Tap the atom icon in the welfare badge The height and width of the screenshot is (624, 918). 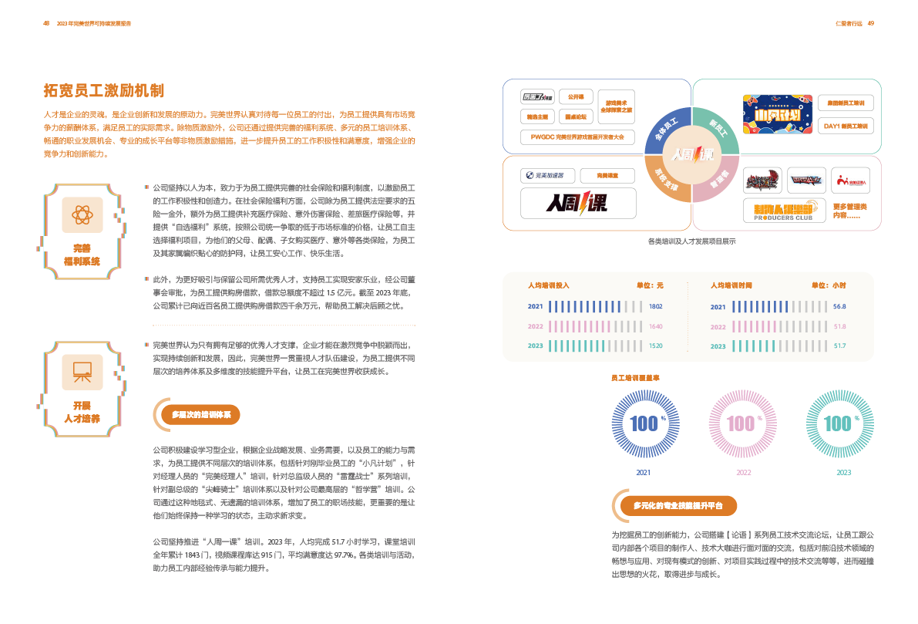tap(82, 214)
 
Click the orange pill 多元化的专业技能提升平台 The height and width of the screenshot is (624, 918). tap(678, 506)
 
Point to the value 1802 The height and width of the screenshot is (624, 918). tap(656, 307)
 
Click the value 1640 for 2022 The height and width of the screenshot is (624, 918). tap(656, 326)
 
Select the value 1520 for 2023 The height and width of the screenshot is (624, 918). tap(656, 346)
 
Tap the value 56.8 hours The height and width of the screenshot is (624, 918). tap(839, 307)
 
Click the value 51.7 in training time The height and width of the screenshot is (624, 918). tap(839, 346)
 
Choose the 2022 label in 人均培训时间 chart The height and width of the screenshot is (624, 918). tap(718, 326)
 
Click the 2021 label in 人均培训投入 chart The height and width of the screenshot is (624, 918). tap(536, 307)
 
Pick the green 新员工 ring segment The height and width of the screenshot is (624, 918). tap(719, 126)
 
